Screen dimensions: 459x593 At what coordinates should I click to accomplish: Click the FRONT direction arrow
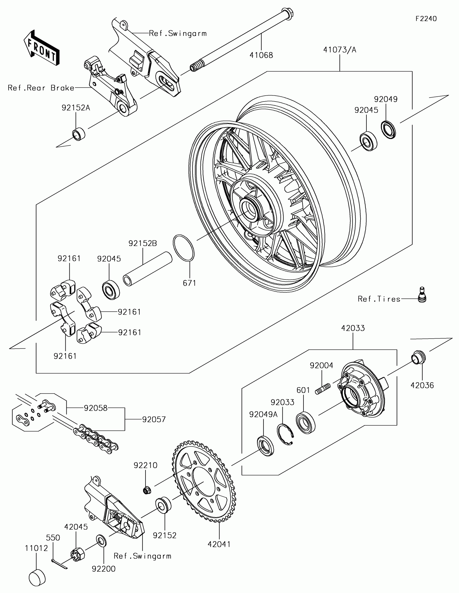point(42,48)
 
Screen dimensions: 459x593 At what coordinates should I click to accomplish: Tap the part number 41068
point(261,55)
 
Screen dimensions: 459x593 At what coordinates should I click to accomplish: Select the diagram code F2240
point(426,18)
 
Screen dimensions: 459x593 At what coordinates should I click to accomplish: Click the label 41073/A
point(340,50)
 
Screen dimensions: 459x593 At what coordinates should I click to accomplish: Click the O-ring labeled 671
point(184,248)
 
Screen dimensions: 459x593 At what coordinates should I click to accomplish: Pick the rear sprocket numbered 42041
point(204,483)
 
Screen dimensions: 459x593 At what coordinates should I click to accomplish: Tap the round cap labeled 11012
point(37,578)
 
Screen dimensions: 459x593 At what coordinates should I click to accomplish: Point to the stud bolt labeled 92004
point(323,389)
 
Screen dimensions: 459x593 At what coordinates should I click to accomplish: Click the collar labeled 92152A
point(79,134)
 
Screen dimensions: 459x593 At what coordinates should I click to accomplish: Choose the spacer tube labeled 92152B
point(148,269)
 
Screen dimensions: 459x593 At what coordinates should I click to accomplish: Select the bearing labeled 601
point(306,422)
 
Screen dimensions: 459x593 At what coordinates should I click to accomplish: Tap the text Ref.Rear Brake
point(41,88)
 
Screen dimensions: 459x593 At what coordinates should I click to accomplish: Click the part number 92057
point(154,419)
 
